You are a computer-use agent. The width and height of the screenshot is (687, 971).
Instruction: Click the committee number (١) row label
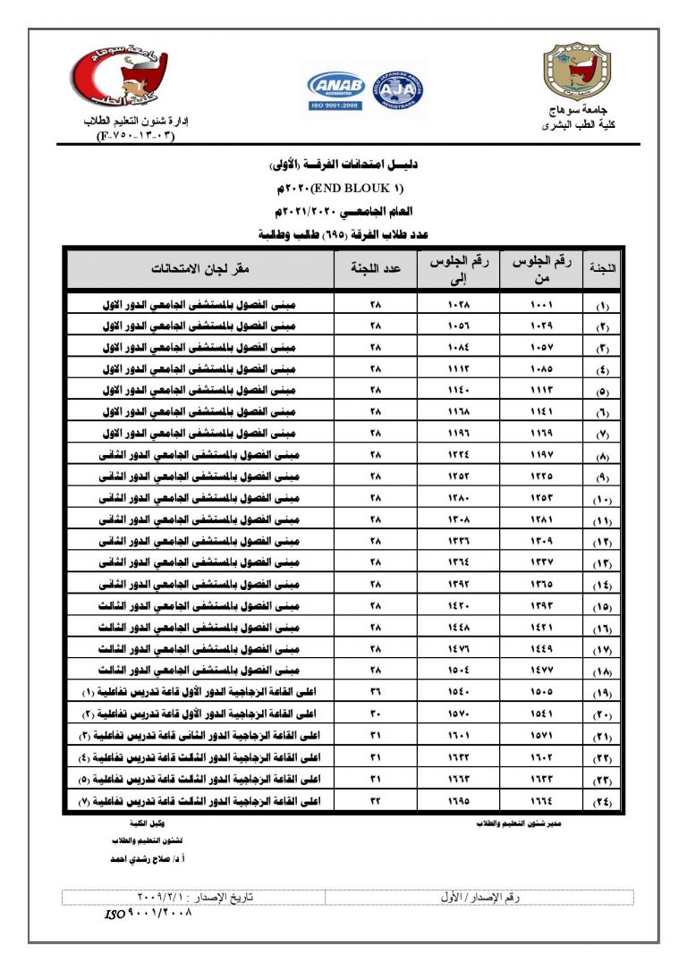604,305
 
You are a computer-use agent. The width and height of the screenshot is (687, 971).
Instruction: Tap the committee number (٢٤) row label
604,800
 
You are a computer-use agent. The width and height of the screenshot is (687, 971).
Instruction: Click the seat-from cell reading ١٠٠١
543,305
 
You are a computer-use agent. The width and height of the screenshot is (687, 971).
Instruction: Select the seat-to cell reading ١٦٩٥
458,800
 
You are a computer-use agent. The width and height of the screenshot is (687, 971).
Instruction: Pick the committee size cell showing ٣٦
375,692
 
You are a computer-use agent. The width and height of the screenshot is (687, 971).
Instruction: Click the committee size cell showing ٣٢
375,800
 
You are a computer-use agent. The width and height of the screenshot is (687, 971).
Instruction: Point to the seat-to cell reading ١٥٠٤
458,671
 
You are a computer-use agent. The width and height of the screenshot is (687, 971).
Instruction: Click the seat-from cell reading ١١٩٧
543,455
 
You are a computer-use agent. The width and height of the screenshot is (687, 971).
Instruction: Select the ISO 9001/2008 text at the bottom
150,914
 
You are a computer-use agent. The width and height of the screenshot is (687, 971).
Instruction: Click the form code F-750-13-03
134,136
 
